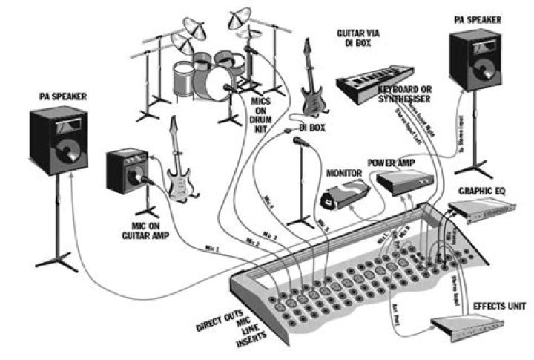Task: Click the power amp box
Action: pos(405,181)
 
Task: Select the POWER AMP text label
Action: pos(391,163)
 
